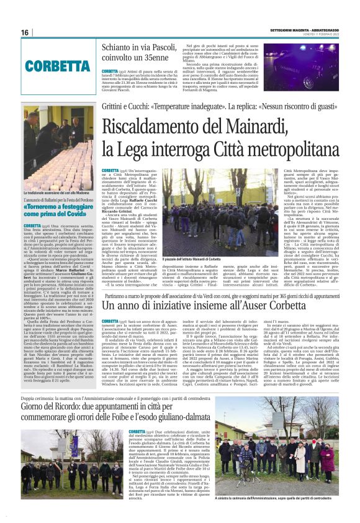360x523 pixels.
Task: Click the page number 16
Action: [25, 32]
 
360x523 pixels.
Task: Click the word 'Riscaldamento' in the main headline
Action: [168, 126]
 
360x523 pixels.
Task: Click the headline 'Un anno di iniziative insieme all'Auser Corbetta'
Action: [222, 306]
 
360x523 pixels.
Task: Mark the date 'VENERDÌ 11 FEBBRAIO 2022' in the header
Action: [323, 34]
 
